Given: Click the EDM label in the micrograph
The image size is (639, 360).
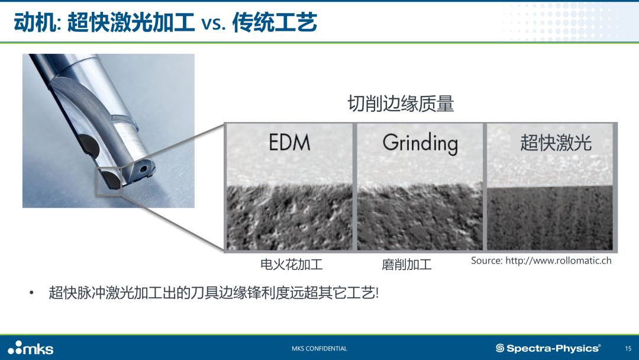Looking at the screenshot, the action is pos(289,142).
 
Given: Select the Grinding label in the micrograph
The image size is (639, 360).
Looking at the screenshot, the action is pos(420,143).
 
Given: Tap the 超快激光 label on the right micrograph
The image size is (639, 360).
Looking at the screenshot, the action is pos(556,143).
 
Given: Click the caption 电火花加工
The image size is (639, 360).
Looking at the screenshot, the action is pos(291,265).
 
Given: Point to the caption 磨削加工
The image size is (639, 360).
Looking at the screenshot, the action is pos(406,265).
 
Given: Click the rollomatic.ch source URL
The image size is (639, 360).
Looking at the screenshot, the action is pos(559,261).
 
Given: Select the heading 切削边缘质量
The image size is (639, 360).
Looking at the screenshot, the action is pos(401,104).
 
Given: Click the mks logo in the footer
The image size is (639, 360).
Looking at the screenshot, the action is pos(31,348).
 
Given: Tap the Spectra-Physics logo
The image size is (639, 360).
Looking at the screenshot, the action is pos(548,348).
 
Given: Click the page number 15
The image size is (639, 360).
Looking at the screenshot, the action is pos(628,349).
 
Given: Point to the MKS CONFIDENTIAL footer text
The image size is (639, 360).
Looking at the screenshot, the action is pos(319,349).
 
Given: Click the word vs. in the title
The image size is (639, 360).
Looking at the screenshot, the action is pos(214,23).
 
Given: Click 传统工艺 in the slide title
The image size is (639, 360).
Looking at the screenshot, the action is pos(275,22).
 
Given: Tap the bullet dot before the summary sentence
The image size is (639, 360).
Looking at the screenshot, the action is pos(31,292).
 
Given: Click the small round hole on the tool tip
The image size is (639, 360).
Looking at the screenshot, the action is pos(143,168).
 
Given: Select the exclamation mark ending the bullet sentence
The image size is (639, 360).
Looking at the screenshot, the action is pos(377,292).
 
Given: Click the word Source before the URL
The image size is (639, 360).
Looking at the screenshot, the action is pos(486,261).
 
